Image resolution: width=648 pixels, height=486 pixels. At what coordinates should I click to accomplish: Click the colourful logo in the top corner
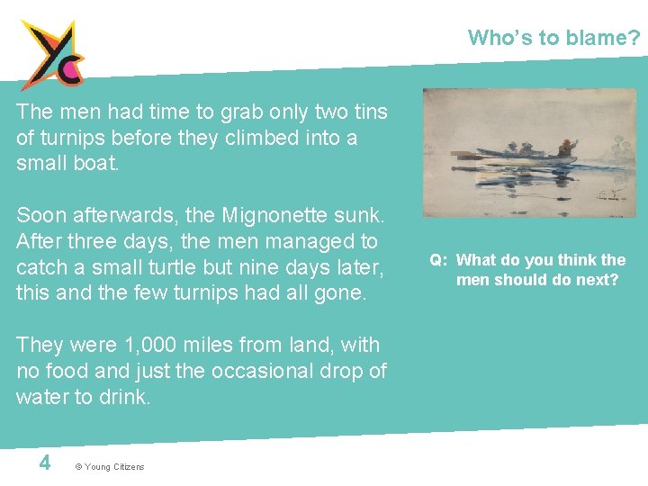click(x=53, y=54)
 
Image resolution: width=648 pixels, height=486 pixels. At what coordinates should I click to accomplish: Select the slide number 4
click(x=44, y=463)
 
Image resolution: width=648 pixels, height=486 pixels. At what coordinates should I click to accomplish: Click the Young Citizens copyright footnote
click(x=109, y=466)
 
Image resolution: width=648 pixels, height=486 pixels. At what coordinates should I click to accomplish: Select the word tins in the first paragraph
click(x=368, y=112)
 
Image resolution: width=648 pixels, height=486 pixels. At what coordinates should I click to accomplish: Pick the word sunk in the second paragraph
click(x=358, y=216)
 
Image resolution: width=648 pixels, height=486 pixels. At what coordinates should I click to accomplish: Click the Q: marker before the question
click(x=438, y=260)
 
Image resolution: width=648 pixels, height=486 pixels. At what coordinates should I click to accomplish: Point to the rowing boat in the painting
click(x=526, y=155)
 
